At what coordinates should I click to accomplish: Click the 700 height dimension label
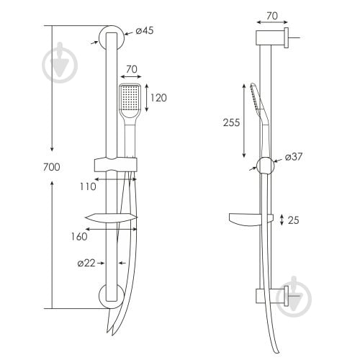pyautogui.click(x=52, y=167)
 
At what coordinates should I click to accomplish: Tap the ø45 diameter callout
pyautogui.click(x=145, y=31)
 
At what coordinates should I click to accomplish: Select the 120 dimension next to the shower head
pyautogui.click(x=158, y=98)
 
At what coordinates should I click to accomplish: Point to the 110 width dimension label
pyautogui.click(x=88, y=186)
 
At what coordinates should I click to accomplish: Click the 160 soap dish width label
pyautogui.click(x=79, y=237)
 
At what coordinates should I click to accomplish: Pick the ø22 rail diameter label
pyautogui.click(x=86, y=264)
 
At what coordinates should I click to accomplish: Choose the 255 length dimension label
pyautogui.click(x=231, y=122)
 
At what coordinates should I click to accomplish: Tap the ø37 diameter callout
pyautogui.click(x=294, y=157)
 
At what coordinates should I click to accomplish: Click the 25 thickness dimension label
pyautogui.click(x=293, y=220)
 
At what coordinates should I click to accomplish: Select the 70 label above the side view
pyautogui.click(x=272, y=16)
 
